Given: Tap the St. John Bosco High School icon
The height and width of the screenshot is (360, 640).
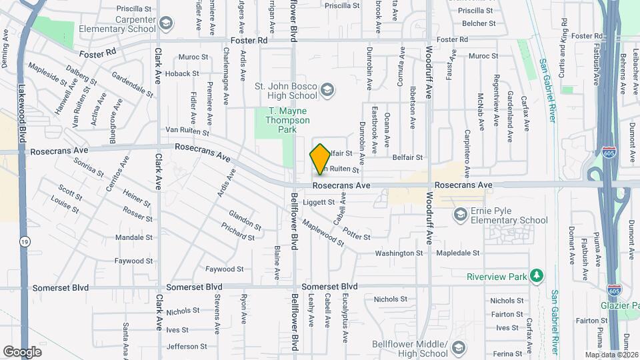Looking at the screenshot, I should tap(327, 89).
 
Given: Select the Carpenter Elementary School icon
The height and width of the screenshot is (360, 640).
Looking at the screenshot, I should tap(165, 23).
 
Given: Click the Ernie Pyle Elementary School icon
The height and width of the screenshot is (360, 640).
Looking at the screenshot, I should tap(460, 214).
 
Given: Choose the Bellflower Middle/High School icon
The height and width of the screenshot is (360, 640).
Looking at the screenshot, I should tap(458, 347).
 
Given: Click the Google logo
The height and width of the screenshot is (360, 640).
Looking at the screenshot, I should tap(22, 351).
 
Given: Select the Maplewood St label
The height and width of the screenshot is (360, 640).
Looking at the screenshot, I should tap(323, 233).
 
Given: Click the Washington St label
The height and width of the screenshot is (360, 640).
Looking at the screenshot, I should tap(399, 253).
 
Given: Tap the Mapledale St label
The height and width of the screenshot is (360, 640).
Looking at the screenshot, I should tap(458, 253).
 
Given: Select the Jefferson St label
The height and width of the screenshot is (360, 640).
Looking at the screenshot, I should tap(187, 347).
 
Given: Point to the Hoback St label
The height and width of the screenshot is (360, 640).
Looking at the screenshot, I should tap(183, 73).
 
